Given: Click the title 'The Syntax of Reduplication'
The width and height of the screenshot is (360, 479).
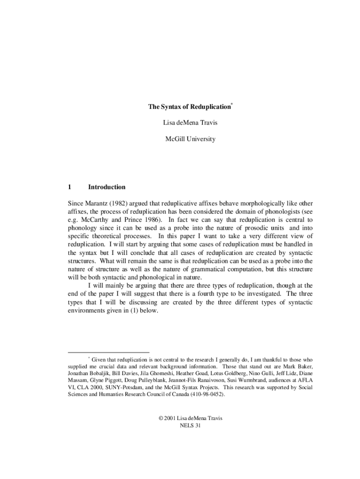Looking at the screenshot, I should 189,107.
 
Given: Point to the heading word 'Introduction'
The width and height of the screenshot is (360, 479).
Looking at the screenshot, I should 107,187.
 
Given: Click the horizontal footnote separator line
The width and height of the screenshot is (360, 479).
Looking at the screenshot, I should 108,352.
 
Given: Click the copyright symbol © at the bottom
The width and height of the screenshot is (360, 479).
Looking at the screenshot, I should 161,418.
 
